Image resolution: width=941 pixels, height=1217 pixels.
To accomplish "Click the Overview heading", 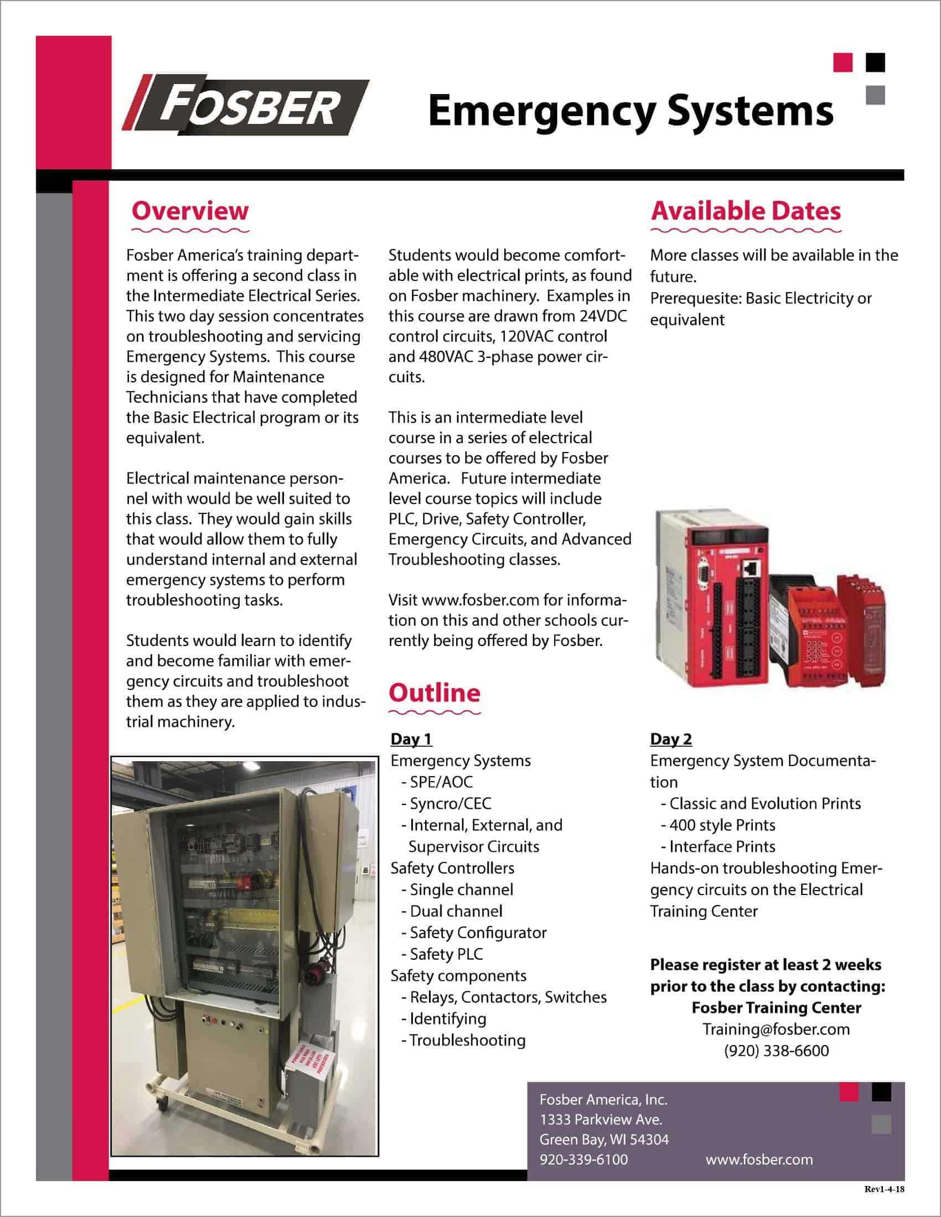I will [x=190, y=211].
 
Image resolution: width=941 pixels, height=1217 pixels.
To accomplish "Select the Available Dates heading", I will [x=746, y=211].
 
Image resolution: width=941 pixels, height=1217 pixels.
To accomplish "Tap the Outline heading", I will [x=435, y=693].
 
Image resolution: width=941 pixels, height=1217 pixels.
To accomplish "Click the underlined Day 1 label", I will [x=411, y=739].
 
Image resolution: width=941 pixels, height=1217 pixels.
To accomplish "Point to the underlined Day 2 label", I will [x=671, y=739].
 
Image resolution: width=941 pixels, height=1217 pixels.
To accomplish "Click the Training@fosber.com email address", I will [x=776, y=1029].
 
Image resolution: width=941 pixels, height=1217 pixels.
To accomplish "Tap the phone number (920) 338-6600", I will [x=776, y=1050].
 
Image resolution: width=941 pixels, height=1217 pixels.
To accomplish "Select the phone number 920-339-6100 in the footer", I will [x=583, y=1159].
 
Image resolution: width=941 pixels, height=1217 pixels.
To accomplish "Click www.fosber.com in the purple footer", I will [x=759, y=1159].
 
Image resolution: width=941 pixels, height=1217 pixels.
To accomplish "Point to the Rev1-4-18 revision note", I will [x=884, y=1189].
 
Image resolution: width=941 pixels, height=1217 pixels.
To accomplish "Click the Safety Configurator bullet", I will [x=478, y=932].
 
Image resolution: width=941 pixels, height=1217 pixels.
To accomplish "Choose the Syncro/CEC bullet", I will [x=450, y=804].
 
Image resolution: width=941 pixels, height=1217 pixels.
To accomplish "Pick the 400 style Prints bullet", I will [x=722, y=825].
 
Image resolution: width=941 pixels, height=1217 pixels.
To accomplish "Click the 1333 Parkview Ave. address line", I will [x=601, y=1120].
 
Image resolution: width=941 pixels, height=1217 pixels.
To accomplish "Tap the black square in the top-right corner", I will [x=875, y=63].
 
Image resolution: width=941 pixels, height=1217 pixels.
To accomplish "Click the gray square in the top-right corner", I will [x=875, y=95].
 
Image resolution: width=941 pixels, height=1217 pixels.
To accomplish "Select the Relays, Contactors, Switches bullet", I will [x=507, y=997].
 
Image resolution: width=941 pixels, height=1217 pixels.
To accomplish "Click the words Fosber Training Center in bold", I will [x=776, y=1007].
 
